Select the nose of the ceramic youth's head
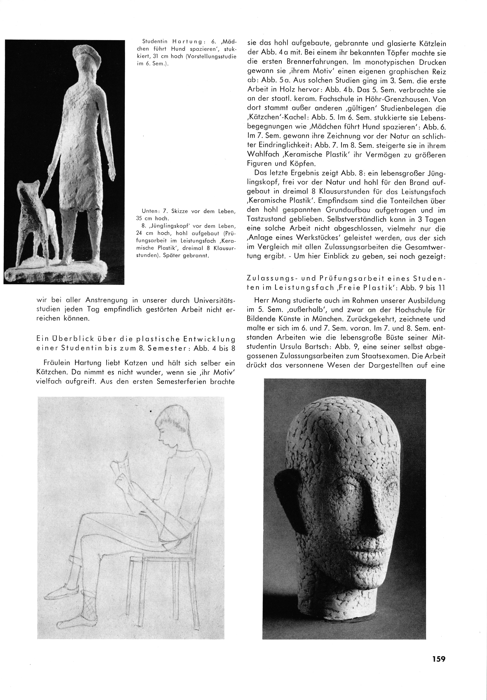pyautogui.click(x=348, y=515)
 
